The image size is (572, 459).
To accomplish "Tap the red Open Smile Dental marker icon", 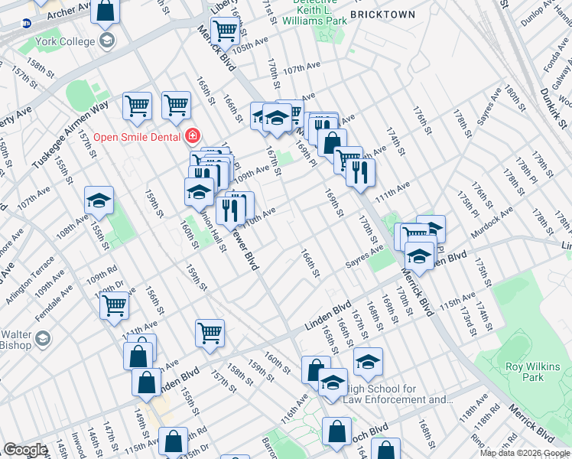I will pos(193,137).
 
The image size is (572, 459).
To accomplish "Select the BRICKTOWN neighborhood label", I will pos(382,15).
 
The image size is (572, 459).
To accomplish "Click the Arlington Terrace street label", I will pos(31,272).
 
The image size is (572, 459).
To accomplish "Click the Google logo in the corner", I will pos(25,450).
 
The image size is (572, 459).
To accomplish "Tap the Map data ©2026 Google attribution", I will pos(525,453).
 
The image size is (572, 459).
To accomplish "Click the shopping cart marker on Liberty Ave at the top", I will pos(224,31).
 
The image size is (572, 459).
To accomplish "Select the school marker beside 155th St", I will pos(99,200).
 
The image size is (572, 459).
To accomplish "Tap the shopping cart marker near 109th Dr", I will pos(115,304).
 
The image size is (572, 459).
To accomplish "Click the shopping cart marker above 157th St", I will pos(210,332).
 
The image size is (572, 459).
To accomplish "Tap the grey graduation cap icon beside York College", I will pos(106,39).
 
